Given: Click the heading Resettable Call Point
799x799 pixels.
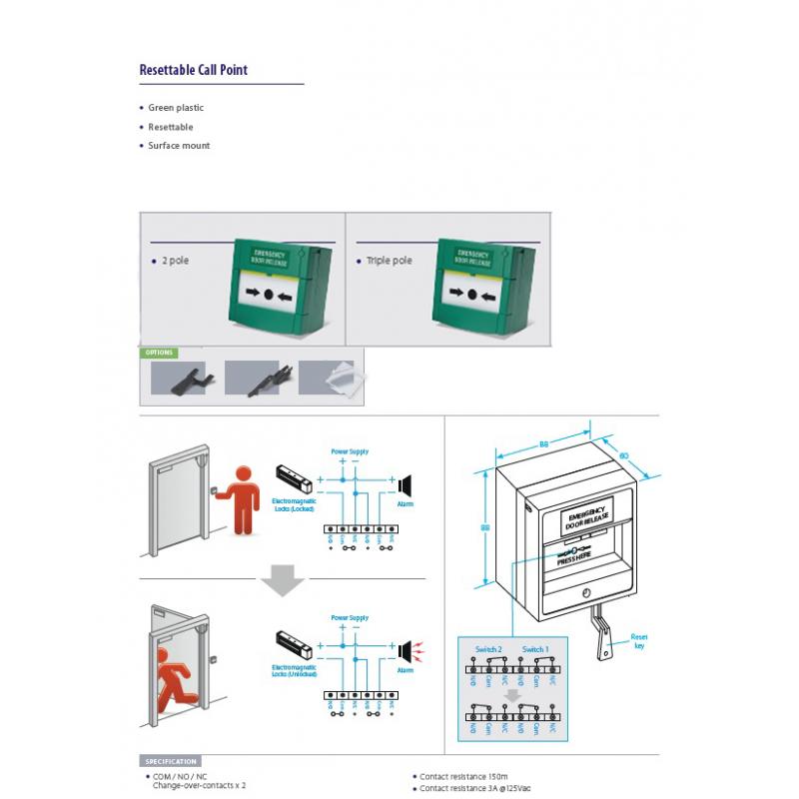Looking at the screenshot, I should pos(193,70).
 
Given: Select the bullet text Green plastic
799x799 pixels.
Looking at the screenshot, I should pos(176,108).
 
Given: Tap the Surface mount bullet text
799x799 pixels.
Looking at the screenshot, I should pos(179,146).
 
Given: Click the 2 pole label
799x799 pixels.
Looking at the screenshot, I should pos(175,261).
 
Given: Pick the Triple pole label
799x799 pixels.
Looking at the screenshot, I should pos(389,261).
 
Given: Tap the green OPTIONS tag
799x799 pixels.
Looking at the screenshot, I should pos(159,353).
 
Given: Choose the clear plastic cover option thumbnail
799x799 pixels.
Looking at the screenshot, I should pos(333,379).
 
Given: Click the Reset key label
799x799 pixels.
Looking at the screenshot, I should pos(640,640).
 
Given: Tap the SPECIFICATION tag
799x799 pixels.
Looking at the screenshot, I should pos(170,762).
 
